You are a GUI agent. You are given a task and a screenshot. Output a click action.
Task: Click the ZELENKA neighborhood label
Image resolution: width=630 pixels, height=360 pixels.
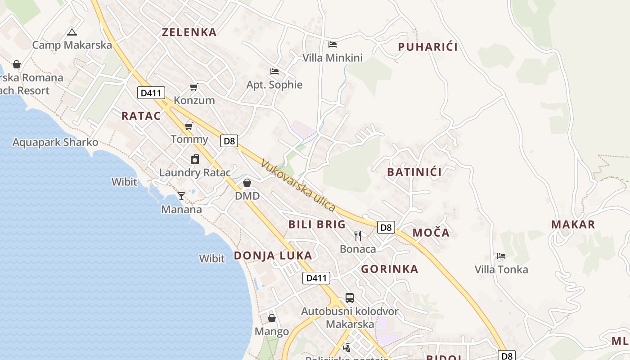click(189, 32)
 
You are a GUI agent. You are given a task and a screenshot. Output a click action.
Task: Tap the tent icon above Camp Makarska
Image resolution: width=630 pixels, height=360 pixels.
click(72, 32)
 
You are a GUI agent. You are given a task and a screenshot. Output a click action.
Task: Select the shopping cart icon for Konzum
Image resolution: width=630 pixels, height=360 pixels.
click(194, 87)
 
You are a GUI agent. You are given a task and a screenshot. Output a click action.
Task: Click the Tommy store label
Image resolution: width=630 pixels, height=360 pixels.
click(189, 139)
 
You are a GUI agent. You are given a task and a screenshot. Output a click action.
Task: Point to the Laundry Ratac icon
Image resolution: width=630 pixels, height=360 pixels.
click(195, 159)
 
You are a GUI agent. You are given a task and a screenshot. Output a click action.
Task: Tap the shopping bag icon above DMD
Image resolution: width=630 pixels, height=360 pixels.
click(247, 183)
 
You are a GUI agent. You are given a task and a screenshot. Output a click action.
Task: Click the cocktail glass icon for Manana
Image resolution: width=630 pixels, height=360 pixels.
click(181, 196)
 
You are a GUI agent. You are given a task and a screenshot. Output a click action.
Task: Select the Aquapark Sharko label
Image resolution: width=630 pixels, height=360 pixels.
click(55, 142)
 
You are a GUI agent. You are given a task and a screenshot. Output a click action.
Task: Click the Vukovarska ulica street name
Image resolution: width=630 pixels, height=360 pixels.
click(298, 186)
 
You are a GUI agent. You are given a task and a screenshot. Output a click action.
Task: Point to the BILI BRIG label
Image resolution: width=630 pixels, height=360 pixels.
click(317, 224)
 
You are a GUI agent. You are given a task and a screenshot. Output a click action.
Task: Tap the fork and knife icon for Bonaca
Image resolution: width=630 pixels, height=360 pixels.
click(358, 235)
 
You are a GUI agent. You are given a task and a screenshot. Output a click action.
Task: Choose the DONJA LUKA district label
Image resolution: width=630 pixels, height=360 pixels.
click(273, 256)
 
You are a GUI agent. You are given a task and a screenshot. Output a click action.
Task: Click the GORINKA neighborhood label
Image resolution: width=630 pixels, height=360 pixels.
click(390, 269)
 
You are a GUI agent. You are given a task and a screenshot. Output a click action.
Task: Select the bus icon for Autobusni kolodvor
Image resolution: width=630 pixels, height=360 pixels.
click(350, 297)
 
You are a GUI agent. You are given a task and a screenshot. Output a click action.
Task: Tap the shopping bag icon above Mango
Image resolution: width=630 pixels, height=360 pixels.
click(272, 318)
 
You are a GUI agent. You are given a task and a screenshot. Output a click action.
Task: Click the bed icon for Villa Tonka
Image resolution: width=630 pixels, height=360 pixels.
click(501, 256)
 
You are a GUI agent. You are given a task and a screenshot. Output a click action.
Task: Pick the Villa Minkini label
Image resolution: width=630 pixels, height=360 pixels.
click(333, 58)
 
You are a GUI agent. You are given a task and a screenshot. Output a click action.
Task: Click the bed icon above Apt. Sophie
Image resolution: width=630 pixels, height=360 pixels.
click(274, 71)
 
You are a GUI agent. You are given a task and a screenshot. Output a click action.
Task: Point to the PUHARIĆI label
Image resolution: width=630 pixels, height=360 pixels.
click(427, 47)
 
